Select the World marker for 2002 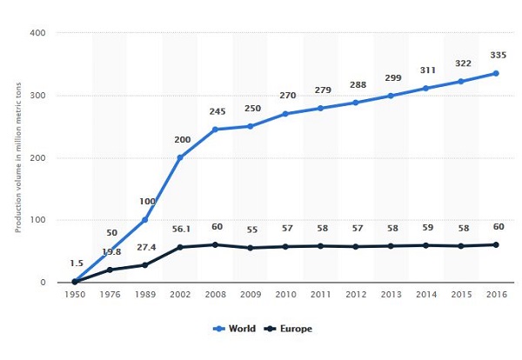(x=180, y=157)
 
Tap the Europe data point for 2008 (x=215, y=244)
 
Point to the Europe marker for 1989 (x=145, y=264)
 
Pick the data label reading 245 (x=215, y=111)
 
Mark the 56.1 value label (x=180, y=229)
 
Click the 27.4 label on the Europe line (x=145, y=247)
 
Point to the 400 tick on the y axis (x=39, y=33)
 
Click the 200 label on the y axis (x=39, y=157)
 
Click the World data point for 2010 (x=285, y=114)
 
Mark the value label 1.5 (x=75, y=262)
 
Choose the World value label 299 (x=391, y=78)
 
